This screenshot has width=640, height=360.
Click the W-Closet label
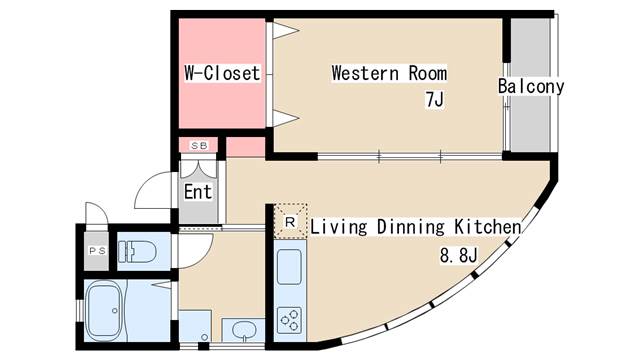point(222,73)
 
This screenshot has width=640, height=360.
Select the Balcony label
point(531,86)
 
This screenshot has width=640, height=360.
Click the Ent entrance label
point(197,191)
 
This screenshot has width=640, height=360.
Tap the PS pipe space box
point(98,251)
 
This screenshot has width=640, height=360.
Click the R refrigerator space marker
point(289,221)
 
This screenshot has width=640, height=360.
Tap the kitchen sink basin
point(289,267)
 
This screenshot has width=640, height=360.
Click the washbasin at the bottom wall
point(240,329)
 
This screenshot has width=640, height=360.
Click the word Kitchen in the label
point(487,227)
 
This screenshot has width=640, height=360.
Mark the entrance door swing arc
point(155,190)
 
